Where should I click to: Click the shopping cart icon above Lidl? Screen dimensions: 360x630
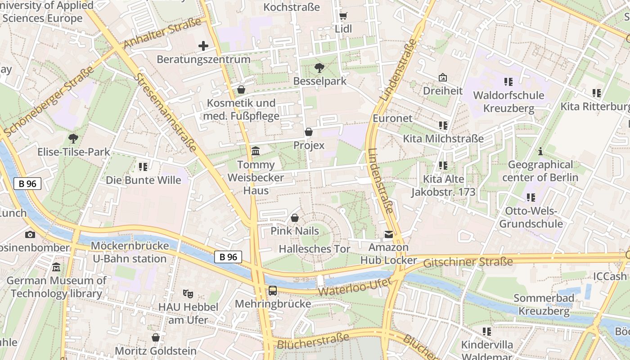pos(343,16)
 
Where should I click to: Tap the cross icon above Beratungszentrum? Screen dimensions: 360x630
pos(203,46)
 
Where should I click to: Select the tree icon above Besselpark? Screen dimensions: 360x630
pos(319,68)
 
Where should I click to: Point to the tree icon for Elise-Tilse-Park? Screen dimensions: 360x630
pos(73,139)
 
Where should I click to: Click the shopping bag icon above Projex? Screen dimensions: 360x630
pos(309,132)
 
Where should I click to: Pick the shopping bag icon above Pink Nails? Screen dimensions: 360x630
pos(295,218)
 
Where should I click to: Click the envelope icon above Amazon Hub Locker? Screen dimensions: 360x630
pos(388,234)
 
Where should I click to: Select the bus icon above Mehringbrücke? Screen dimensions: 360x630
pos(273,291)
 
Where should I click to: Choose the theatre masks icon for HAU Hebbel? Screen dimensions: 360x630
pos(188,294)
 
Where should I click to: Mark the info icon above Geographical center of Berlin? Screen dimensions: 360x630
pos(540,152)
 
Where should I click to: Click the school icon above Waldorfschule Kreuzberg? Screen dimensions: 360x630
pos(508,82)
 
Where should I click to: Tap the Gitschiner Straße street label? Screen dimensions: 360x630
pos(468,262)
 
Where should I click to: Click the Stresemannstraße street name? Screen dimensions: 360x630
pos(165,112)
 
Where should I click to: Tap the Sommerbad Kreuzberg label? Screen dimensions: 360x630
pos(544,305)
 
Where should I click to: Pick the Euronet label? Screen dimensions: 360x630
pos(392,118)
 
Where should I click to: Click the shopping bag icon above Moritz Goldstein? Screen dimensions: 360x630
pos(156,337)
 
